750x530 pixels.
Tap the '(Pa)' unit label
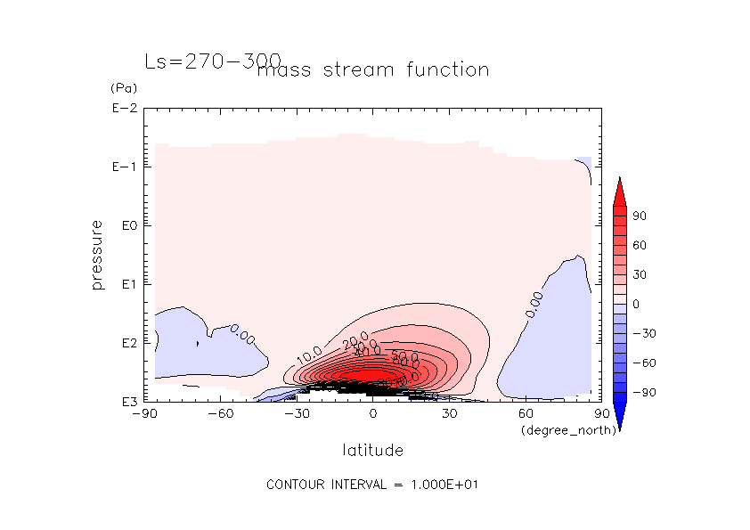121,89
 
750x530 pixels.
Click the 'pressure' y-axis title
97,255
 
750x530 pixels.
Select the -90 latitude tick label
143,414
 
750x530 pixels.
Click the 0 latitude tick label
373,414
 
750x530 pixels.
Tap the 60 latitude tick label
526,414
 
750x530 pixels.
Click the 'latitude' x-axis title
372,451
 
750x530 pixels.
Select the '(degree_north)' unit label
558,430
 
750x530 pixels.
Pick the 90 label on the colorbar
640,216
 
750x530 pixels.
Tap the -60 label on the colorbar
643,363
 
